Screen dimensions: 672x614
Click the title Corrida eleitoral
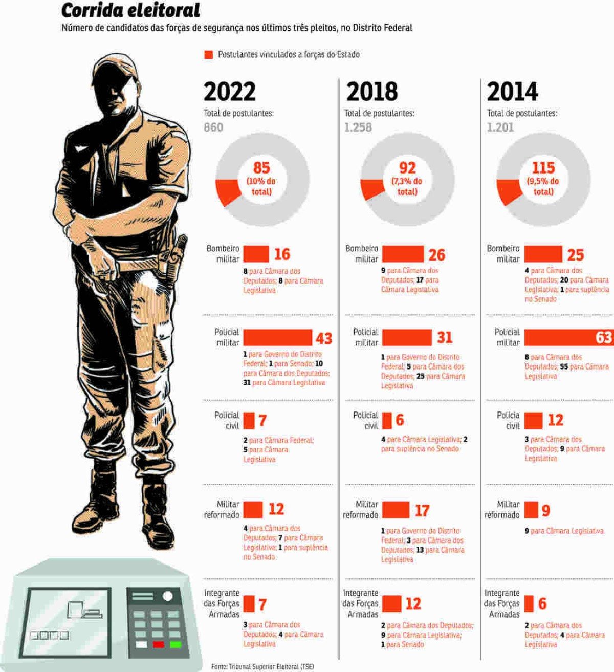pos(130,11)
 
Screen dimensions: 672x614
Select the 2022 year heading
pos(230,92)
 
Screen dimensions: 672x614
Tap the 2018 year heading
pos(372,92)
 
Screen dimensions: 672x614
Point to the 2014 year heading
pos(512,92)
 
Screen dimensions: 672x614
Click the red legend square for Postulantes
pos(208,55)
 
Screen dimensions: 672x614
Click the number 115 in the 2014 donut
pos(543,168)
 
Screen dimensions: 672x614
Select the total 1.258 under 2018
pos(358,127)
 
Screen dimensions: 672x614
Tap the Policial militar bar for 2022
pos(277,338)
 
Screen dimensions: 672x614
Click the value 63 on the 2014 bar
pos(604,337)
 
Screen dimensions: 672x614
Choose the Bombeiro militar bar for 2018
pos(403,254)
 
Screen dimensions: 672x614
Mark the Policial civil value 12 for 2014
pos(555,420)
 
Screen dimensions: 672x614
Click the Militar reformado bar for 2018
pos(396,510)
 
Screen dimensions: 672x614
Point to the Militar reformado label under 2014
pos(501,510)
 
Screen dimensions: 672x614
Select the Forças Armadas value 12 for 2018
pos(413,603)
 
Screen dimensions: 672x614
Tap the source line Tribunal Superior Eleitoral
pos(263,667)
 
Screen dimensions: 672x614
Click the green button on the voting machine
pos(176,644)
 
